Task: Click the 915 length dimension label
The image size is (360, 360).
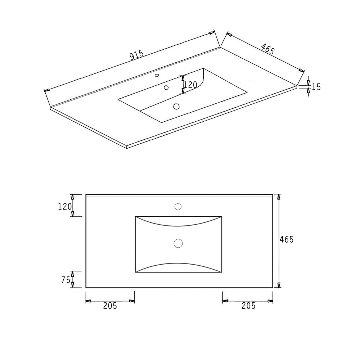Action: (x=137, y=55)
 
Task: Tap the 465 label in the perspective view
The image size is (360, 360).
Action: (x=268, y=49)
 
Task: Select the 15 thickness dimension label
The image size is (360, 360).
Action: (x=316, y=87)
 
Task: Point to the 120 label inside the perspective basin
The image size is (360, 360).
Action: (x=190, y=85)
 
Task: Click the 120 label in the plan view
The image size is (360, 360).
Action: (x=65, y=207)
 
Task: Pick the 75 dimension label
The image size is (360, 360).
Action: (x=66, y=280)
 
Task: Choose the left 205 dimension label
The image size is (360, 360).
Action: (x=110, y=306)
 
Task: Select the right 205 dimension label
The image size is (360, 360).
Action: (x=248, y=306)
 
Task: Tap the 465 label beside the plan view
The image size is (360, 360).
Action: (x=287, y=240)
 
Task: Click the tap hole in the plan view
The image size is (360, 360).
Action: (x=178, y=207)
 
